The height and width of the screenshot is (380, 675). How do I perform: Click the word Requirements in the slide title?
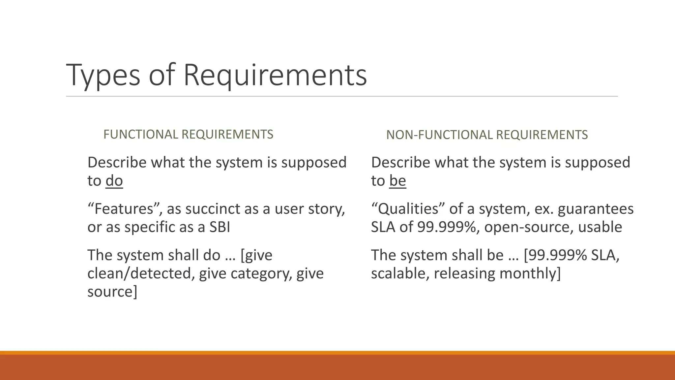275,75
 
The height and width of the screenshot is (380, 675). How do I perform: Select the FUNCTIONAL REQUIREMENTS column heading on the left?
188,134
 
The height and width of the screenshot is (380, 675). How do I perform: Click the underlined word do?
114,181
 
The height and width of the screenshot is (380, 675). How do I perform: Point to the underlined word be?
397,181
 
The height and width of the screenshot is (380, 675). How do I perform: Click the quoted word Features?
125,209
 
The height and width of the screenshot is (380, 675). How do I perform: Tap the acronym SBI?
220,227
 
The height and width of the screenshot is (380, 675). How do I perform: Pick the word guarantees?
596,209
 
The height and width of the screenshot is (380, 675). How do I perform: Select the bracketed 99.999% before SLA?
556,255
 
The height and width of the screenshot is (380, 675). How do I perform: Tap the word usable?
600,227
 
